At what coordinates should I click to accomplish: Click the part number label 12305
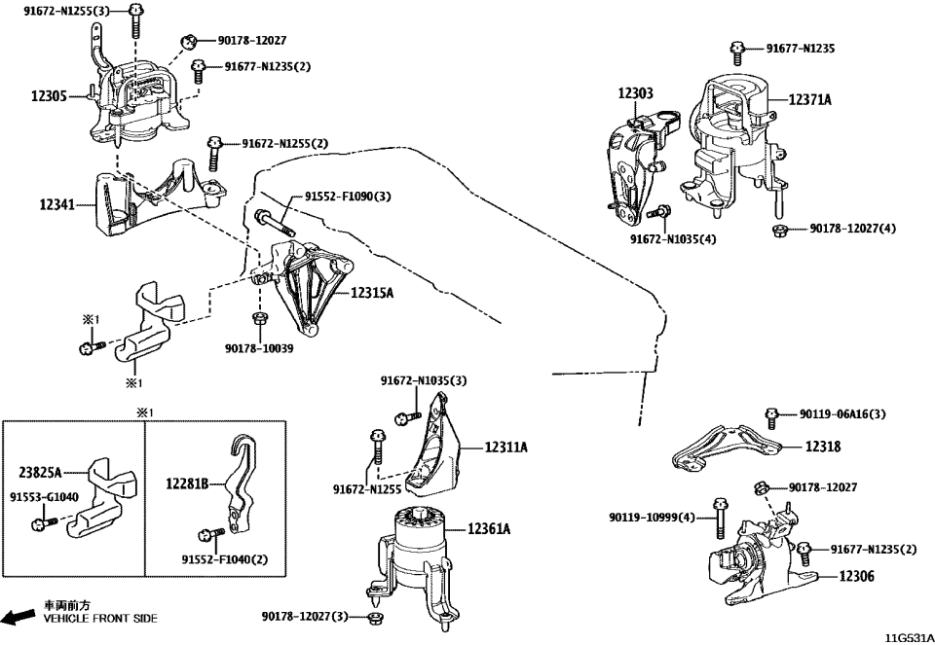[49, 96]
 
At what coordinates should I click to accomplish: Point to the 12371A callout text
[809, 99]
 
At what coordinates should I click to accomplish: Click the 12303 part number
[635, 94]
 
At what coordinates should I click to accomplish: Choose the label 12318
[823, 447]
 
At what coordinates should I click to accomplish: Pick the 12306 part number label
[856, 577]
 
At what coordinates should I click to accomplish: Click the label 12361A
[489, 529]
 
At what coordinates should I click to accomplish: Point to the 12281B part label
[187, 484]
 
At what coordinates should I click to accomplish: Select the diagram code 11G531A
[906, 637]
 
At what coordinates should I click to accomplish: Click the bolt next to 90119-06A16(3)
[771, 415]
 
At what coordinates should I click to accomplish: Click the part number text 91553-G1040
[42, 496]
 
